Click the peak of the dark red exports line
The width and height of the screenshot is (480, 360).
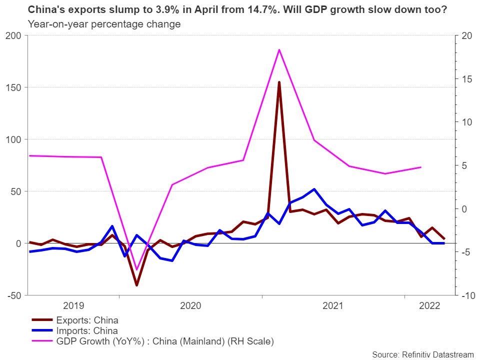point(279,82)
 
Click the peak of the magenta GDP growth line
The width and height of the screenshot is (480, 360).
point(279,49)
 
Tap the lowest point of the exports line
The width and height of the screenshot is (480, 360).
point(136,285)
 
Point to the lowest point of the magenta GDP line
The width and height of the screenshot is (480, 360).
point(136,269)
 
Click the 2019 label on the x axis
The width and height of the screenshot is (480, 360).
point(74,305)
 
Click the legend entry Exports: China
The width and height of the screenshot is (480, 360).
point(87,319)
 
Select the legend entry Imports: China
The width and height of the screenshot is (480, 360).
point(87,330)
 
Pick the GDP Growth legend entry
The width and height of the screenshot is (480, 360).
point(165,341)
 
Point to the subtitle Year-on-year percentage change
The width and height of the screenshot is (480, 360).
point(104,24)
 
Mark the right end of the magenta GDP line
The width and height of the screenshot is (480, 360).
point(421,167)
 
